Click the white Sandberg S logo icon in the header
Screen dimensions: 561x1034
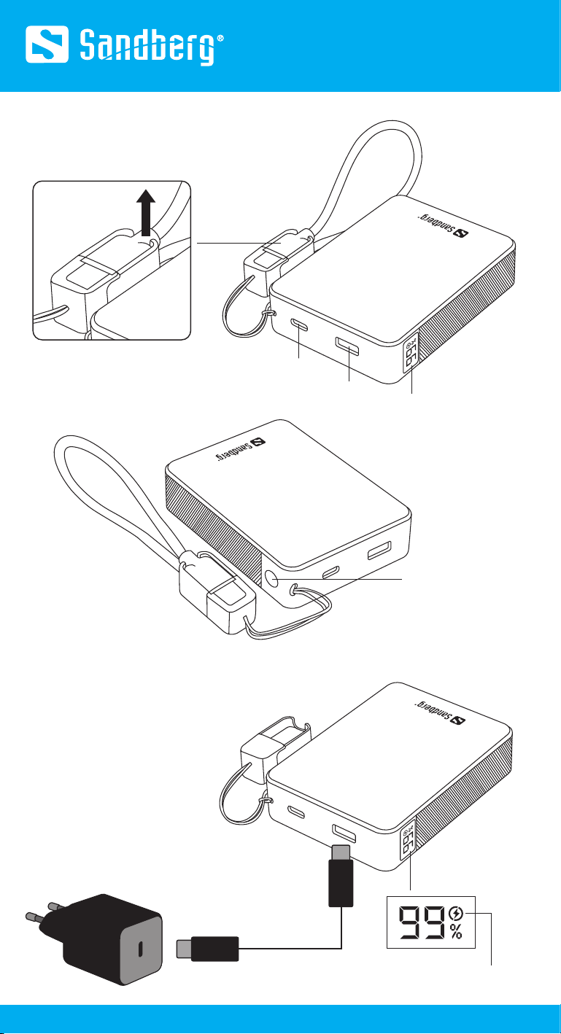(x=47, y=44)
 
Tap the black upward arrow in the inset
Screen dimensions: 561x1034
(x=146, y=212)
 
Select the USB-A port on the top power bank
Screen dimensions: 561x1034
(x=348, y=346)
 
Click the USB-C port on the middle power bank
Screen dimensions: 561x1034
(x=331, y=572)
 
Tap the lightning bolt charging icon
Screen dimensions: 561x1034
(x=456, y=913)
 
